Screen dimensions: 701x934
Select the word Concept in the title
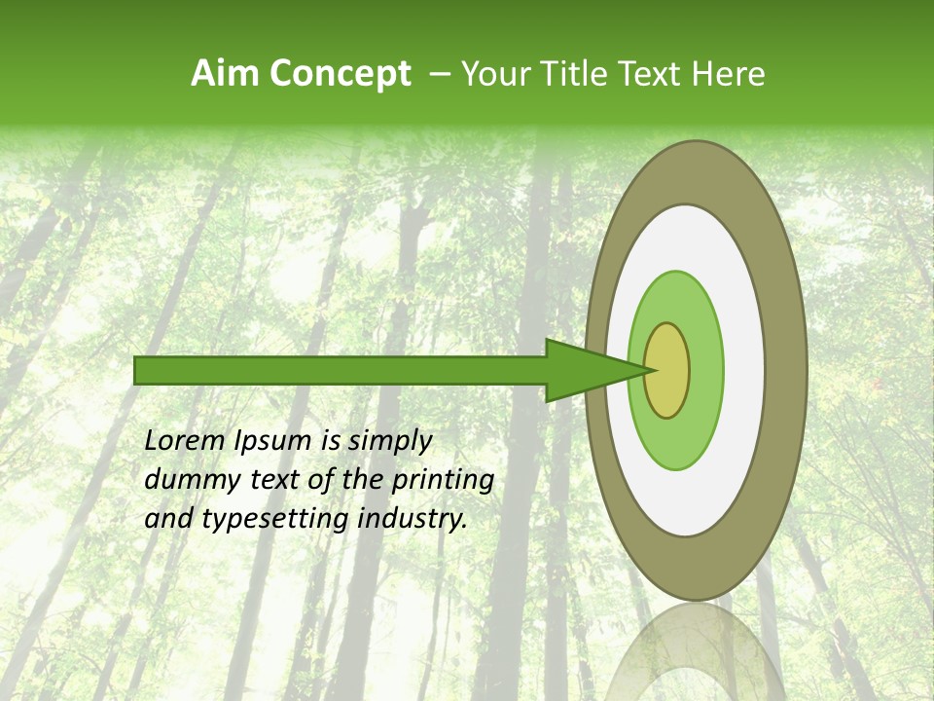[x=339, y=74]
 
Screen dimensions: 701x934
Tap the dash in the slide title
[x=439, y=75]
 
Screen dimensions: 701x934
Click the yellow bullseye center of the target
[x=666, y=370]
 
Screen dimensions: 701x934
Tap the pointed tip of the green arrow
[x=650, y=370]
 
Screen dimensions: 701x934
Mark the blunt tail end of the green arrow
[x=136, y=370]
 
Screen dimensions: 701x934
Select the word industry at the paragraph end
[x=413, y=520]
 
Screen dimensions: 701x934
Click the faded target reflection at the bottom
[x=697, y=652]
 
